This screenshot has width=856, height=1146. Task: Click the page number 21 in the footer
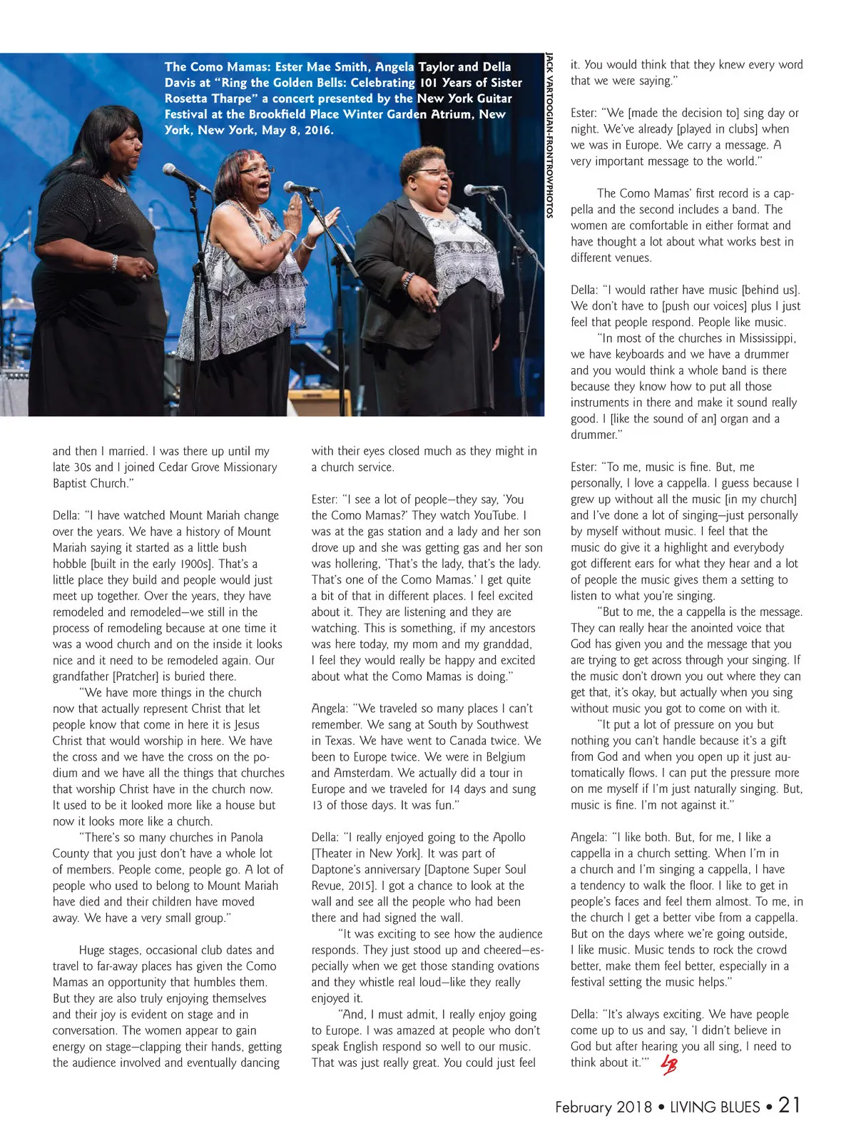click(x=789, y=1105)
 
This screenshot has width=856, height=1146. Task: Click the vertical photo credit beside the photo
click(x=549, y=136)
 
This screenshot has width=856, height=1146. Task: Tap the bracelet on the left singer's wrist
click(x=114, y=263)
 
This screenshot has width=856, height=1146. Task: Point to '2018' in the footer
click(x=634, y=1107)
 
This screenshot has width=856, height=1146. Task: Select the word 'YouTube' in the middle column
click(x=495, y=515)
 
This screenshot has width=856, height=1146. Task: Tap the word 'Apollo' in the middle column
click(x=509, y=837)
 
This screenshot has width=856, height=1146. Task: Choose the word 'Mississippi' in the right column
click(x=768, y=338)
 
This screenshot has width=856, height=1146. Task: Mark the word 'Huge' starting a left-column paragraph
click(x=92, y=950)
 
